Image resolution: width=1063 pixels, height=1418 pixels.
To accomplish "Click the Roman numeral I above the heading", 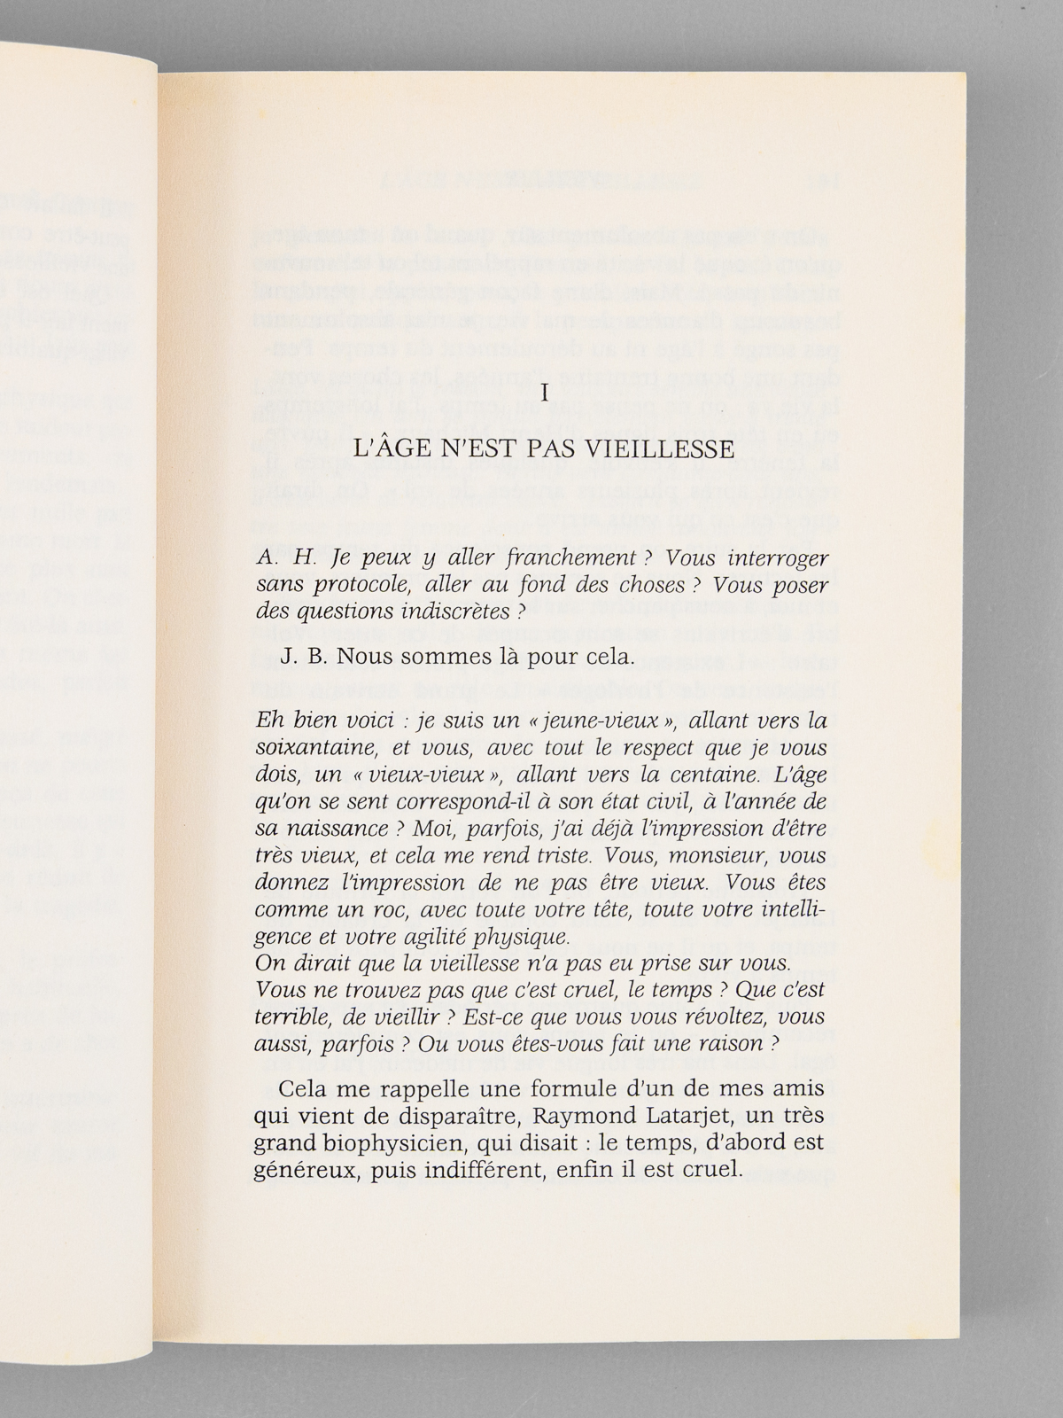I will (545, 393).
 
